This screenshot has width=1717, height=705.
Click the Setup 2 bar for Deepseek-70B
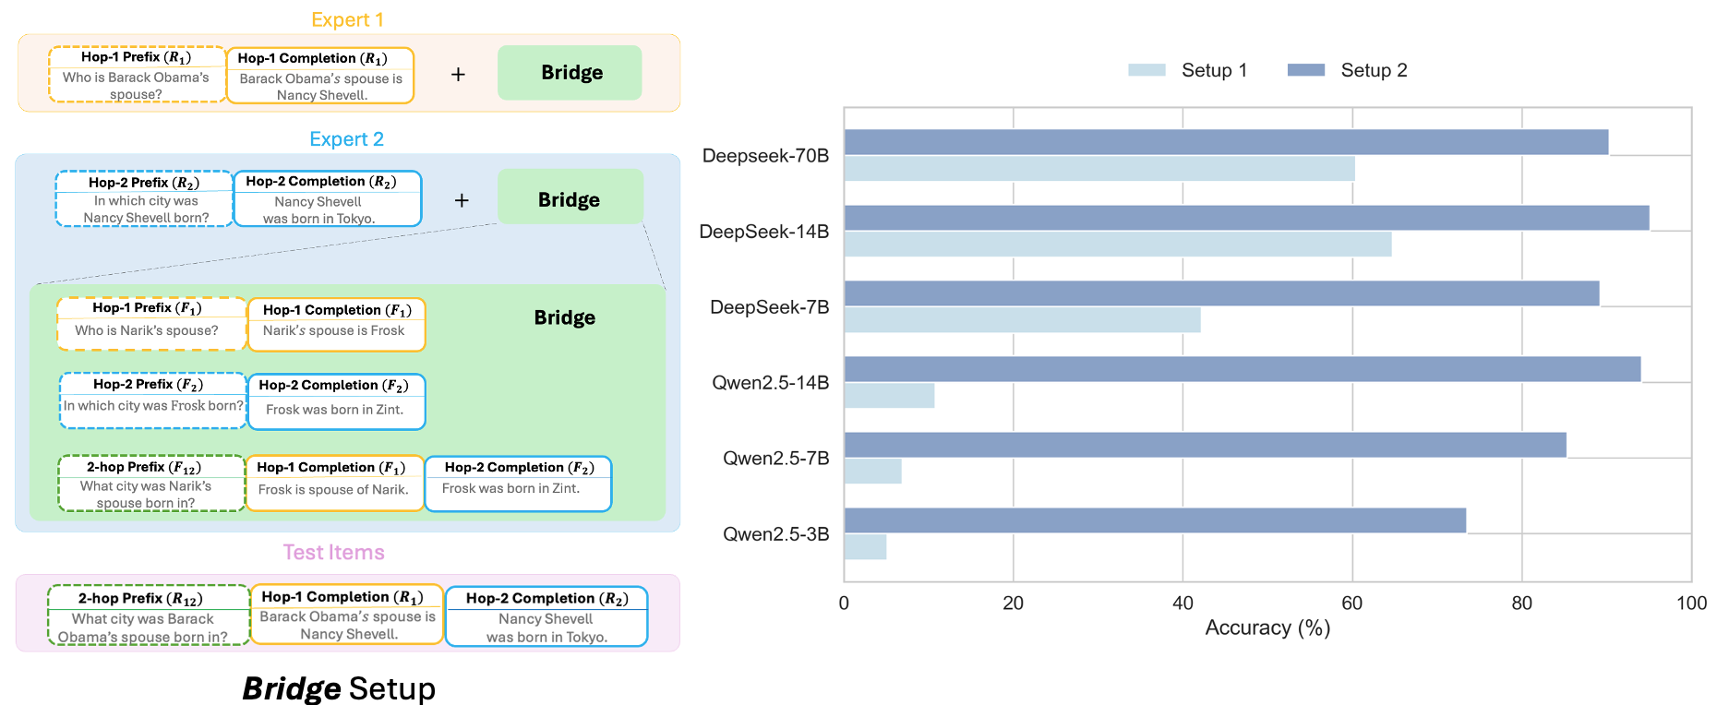pyautogui.click(x=1226, y=142)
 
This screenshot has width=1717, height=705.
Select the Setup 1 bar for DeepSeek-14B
pyautogui.click(x=1117, y=245)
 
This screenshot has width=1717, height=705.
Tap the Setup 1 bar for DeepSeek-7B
pyautogui.click(x=1022, y=320)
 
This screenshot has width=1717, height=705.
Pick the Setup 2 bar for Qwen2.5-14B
pyautogui.click(x=1242, y=369)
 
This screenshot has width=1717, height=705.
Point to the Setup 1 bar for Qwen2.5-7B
pyautogui.click(x=872, y=472)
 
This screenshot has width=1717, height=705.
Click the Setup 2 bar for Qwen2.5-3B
pyautogui.click(x=1154, y=520)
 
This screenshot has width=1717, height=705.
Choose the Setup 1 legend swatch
pyautogui.click(x=1147, y=70)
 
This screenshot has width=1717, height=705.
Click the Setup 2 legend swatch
pyautogui.click(x=1305, y=70)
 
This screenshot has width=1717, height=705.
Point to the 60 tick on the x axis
pyautogui.click(x=1352, y=603)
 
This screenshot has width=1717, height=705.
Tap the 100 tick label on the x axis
pyautogui.click(x=1691, y=603)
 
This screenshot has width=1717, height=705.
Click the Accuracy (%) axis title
pyautogui.click(x=1267, y=628)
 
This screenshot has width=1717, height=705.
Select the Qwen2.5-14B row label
pyautogui.click(x=770, y=383)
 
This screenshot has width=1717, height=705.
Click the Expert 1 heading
pyautogui.click(x=347, y=20)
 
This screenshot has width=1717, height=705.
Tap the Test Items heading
pyautogui.click(x=333, y=553)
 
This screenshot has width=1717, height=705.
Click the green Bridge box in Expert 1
pyautogui.click(x=570, y=73)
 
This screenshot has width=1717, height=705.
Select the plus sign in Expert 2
pyautogui.click(x=462, y=200)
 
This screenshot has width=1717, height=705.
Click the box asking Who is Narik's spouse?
pyautogui.click(x=151, y=324)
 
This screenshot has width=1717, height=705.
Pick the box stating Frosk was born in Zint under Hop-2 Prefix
pyautogui.click(x=336, y=401)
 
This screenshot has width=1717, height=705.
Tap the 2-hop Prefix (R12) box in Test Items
pyautogui.click(x=148, y=615)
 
